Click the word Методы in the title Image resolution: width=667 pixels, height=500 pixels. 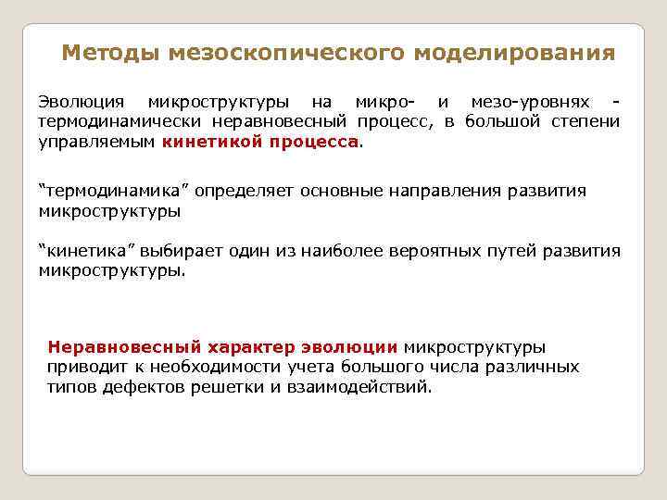(111, 52)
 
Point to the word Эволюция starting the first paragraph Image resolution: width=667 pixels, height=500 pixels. (79, 101)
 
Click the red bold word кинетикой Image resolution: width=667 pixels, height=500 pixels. (209, 142)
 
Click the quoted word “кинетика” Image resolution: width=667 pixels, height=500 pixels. (86, 251)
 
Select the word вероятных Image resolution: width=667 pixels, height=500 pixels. (431, 251)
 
